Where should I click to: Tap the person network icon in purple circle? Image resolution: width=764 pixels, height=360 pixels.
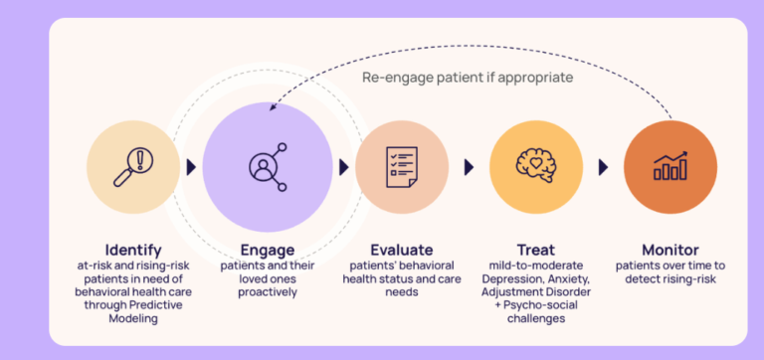click(268, 166)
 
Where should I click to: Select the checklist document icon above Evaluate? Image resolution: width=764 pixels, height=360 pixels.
click(402, 166)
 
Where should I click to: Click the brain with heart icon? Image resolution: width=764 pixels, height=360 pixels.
click(536, 166)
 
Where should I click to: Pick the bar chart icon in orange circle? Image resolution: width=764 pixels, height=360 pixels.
click(670, 166)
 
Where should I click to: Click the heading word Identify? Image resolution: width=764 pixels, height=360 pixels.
click(133, 250)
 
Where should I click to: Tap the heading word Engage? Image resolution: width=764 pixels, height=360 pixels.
click(268, 250)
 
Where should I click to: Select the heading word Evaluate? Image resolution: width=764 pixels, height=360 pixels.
click(402, 250)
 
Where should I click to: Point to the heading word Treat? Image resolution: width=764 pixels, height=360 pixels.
click(536, 250)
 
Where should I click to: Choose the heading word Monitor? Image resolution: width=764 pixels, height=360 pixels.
click(670, 250)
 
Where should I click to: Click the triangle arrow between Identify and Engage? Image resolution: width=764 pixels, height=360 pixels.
click(191, 167)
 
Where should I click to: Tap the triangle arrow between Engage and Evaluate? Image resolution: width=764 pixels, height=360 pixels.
click(344, 167)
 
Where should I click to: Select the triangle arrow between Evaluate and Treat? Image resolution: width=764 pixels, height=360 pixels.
click(469, 167)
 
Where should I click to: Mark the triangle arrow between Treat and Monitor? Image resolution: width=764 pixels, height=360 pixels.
click(603, 167)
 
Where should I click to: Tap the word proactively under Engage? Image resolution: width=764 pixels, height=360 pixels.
click(268, 292)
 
